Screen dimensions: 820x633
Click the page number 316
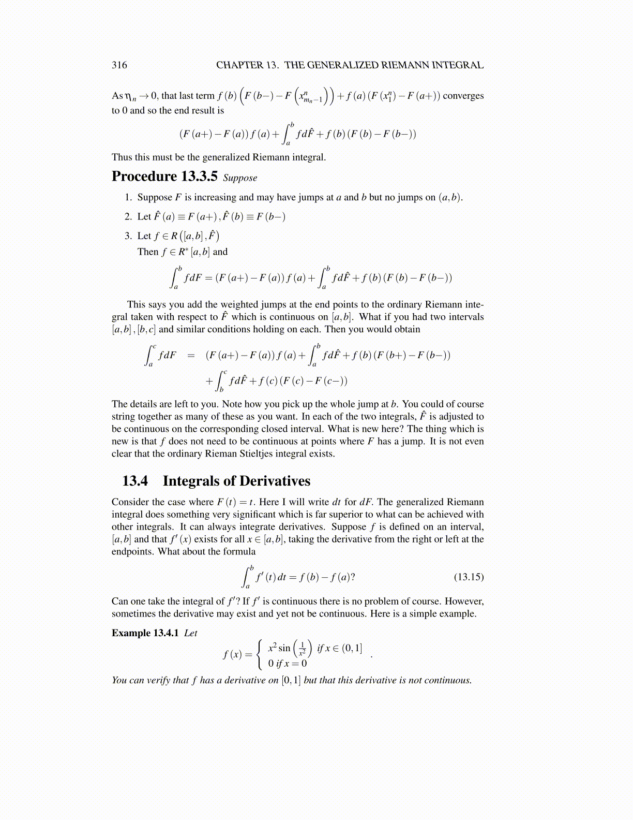pyautogui.click(x=119, y=65)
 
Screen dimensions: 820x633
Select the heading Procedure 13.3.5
pyautogui.click(x=164, y=177)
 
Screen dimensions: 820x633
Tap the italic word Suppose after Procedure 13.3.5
pyautogui.click(x=240, y=178)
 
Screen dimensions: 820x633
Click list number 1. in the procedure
pyautogui.click(x=128, y=197)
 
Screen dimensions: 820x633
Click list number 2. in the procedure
pyautogui.click(x=128, y=216)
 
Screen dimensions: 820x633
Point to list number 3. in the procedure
pyautogui.click(x=128, y=236)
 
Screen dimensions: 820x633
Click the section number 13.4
pyautogui.click(x=134, y=481)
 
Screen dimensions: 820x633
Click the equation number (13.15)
pyautogui.click(x=469, y=577)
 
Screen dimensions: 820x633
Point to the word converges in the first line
pyautogui.click(x=463, y=96)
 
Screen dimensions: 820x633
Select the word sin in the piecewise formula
pyautogui.click(x=284, y=648)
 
